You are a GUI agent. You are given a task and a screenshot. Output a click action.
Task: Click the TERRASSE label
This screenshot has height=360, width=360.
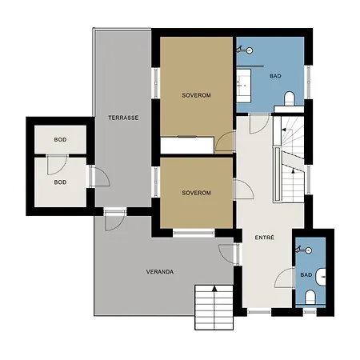(x=123, y=118)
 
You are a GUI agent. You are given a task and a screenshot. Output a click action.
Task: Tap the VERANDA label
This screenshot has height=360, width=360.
(x=160, y=272)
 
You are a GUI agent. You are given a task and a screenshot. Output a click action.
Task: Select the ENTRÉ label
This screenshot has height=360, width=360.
(x=264, y=238)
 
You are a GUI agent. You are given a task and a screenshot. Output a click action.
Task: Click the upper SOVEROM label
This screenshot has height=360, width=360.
(x=196, y=95)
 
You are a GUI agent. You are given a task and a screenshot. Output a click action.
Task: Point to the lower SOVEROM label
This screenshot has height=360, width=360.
(x=196, y=193)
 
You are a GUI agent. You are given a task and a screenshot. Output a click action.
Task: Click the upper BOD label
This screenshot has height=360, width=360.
(x=60, y=139)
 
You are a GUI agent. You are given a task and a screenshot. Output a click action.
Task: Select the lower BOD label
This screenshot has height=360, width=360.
(x=60, y=182)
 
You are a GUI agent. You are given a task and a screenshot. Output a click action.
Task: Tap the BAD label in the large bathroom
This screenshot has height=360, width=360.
(x=275, y=76)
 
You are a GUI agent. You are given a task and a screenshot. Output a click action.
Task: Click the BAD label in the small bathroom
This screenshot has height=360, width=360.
(x=306, y=274)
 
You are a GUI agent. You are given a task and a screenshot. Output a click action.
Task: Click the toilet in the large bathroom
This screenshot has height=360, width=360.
(x=290, y=98)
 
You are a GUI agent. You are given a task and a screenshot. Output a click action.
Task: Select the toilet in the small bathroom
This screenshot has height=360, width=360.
(x=310, y=297)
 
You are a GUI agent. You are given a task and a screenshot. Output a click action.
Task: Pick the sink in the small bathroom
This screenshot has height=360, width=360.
(x=320, y=277)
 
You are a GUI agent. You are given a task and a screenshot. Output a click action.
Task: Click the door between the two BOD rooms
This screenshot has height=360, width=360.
(x=57, y=165)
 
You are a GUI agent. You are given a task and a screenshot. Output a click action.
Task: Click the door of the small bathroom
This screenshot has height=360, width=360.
(x=285, y=278)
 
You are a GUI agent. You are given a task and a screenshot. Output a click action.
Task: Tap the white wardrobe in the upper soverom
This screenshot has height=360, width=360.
(x=187, y=145)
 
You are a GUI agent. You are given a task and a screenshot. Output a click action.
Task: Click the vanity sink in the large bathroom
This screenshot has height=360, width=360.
(x=244, y=86)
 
